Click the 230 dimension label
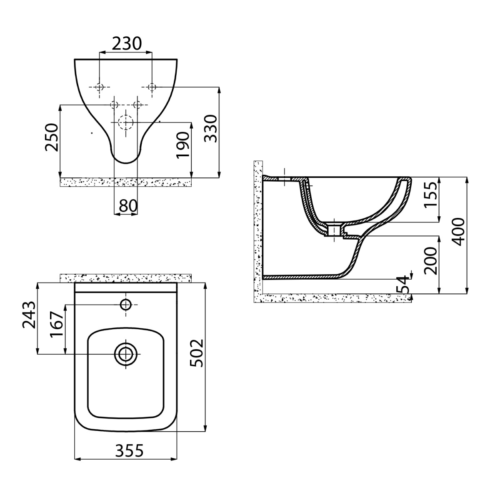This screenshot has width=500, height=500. (x=127, y=43)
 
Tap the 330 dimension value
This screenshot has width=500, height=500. (x=210, y=128)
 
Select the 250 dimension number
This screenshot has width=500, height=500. (x=51, y=137)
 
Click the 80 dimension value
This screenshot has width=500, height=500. (x=128, y=206)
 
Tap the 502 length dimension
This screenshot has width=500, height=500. (x=196, y=353)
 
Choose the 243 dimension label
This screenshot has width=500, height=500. (x=29, y=315)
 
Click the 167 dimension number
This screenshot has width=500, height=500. (x=57, y=324)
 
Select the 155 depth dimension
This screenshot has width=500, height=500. (x=431, y=195)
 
